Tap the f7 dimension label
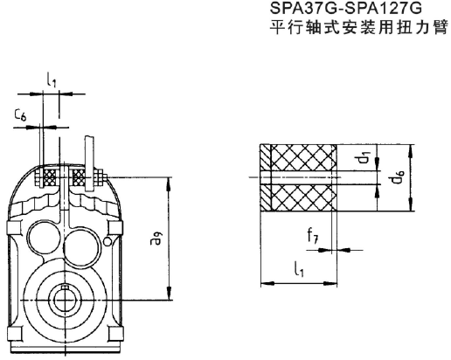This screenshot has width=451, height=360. [x=313, y=233]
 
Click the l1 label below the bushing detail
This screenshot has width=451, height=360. [x=301, y=272]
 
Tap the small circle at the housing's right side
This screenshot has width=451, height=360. [x=108, y=240]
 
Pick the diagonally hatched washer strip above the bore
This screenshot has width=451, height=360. [x=267, y=160]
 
